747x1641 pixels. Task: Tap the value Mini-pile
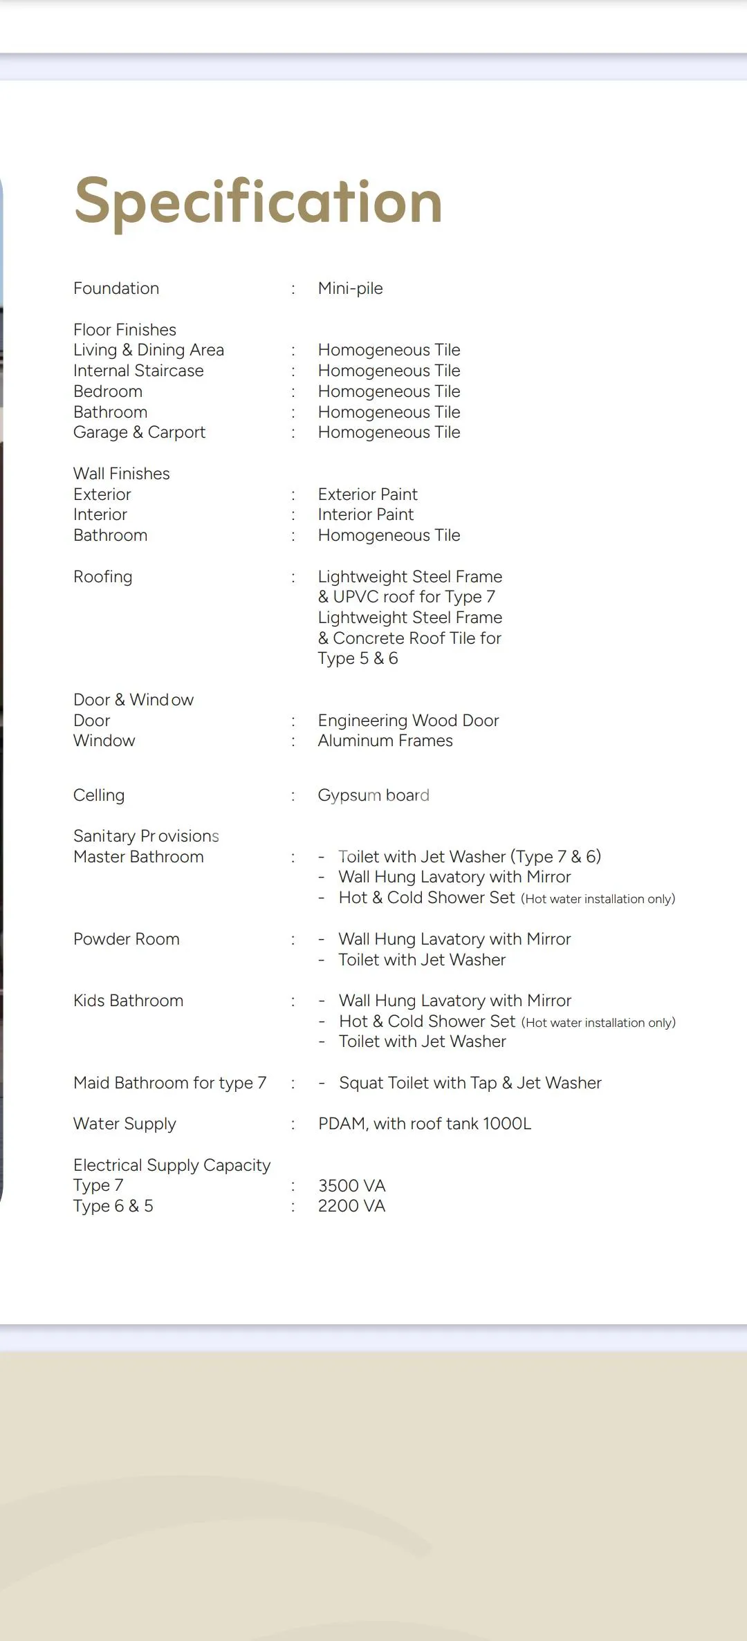(x=350, y=288)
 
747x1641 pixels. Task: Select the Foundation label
(x=116, y=288)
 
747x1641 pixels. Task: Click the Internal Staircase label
(x=138, y=371)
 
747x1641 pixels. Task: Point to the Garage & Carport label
(x=139, y=432)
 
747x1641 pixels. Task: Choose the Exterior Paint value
(x=367, y=494)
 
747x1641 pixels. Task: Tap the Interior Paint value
(x=365, y=514)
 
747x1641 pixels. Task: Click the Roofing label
(x=102, y=577)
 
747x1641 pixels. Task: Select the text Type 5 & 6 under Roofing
(x=358, y=658)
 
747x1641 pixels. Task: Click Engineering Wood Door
(x=408, y=721)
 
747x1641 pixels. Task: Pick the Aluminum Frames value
(x=385, y=741)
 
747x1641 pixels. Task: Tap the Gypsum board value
(x=373, y=795)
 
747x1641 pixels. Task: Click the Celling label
(x=99, y=795)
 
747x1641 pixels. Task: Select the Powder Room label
(x=127, y=939)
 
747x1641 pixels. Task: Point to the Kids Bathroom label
(x=128, y=1001)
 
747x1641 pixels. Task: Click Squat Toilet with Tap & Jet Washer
(x=470, y=1083)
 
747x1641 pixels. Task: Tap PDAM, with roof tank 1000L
(x=425, y=1124)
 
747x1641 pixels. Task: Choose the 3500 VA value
(x=351, y=1186)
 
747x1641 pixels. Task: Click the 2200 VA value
(x=351, y=1206)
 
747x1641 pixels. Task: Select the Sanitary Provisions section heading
(x=146, y=836)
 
